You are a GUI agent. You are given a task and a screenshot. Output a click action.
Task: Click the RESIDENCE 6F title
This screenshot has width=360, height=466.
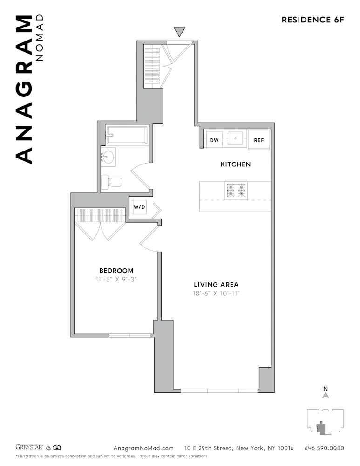tap(312, 20)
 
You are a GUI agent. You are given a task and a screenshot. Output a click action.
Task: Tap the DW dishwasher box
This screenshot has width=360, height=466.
tap(214, 139)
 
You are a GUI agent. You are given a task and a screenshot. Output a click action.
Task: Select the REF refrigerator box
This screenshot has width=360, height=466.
tap(258, 139)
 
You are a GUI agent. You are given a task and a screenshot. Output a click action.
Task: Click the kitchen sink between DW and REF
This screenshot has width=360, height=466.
tap(237, 138)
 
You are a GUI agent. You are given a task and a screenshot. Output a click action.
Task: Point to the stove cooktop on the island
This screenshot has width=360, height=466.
tap(236, 191)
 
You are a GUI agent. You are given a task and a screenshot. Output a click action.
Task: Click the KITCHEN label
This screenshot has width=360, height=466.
tap(235, 164)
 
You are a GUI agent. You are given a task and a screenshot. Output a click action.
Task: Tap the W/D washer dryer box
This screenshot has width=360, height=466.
tap(139, 207)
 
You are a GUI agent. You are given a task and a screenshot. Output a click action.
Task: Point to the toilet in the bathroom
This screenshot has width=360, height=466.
tap(112, 181)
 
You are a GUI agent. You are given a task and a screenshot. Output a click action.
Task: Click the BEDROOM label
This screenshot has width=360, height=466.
tap(116, 271)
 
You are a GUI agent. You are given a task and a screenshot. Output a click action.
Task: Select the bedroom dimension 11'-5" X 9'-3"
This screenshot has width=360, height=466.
tap(116, 280)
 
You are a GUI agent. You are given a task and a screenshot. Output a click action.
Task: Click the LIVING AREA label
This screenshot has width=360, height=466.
tap(216, 285)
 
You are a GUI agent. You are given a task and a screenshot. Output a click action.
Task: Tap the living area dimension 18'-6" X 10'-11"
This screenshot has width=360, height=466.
tap(216, 294)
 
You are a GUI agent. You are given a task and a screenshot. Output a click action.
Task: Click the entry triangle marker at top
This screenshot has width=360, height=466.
tap(179, 32)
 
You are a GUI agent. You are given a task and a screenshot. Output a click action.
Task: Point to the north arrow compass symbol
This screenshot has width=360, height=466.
tap(326, 394)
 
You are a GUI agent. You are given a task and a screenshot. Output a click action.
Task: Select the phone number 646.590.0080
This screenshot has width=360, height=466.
tap(324, 448)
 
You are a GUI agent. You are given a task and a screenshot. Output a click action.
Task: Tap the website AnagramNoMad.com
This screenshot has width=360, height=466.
tap(143, 448)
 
